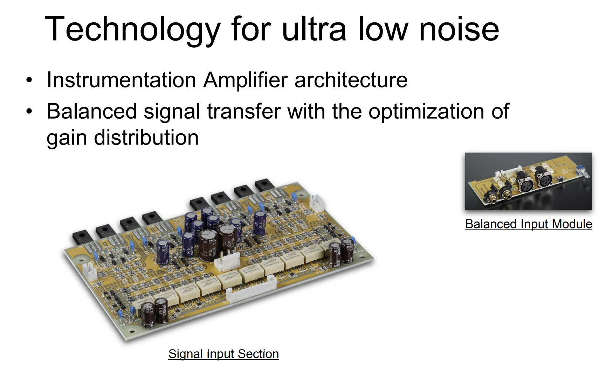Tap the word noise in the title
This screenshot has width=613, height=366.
(x=459, y=29)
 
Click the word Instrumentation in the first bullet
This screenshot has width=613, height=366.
(x=121, y=80)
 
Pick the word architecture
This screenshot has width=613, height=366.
(x=351, y=80)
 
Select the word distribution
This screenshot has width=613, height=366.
(x=146, y=138)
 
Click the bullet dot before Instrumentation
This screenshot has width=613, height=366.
(x=29, y=80)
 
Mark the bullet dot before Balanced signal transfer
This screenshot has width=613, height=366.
(x=29, y=112)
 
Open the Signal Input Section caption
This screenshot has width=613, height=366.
(x=223, y=354)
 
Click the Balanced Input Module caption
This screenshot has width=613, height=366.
(x=529, y=224)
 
